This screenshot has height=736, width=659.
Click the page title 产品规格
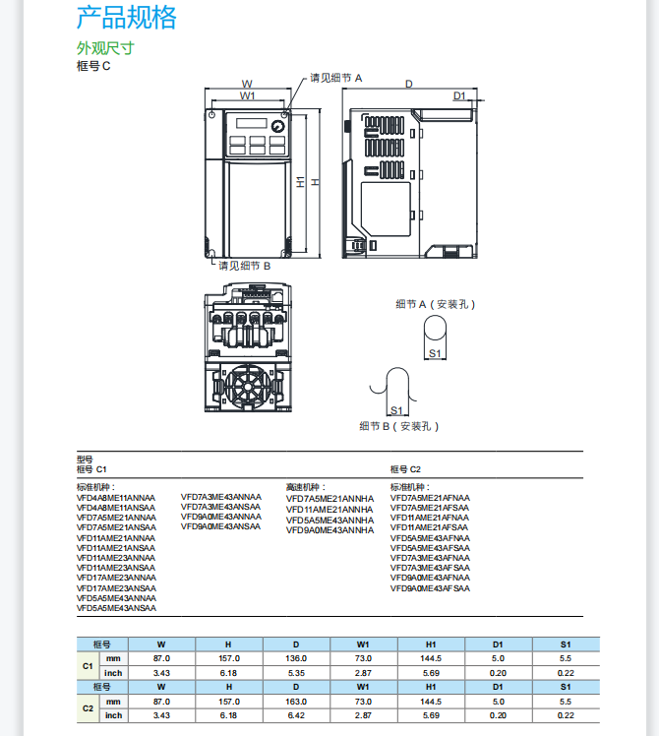pos(127,17)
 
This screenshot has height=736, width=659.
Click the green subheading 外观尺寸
pos(104,48)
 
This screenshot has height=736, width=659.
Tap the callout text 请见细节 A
pos(336,77)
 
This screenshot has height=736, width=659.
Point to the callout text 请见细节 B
pos(244,266)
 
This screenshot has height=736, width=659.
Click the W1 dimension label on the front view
pos(247,96)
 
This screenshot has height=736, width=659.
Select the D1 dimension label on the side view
pos(458,95)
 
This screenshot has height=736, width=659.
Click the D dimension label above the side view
pos(408,84)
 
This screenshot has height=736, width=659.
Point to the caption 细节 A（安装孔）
pos(435,304)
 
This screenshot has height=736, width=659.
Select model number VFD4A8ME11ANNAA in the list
pos(116,497)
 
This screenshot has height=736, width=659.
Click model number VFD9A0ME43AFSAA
pos(430,588)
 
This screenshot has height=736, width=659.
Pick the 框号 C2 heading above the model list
pos(405,469)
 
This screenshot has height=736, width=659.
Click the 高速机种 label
pos(306,486)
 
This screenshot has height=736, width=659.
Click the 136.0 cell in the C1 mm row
pos(296,658)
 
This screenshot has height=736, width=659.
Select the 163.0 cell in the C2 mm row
pos(296,702)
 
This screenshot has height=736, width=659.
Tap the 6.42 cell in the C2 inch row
pos(296,715)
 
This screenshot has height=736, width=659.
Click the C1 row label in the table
pos(87,665)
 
